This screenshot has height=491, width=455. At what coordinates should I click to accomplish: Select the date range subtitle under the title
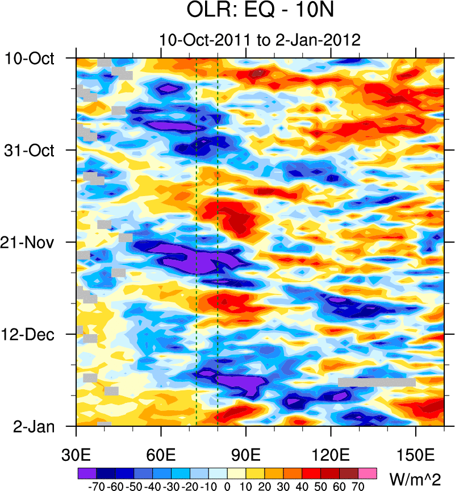(x=260, y=40)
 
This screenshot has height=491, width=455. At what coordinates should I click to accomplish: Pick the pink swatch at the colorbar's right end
(x=368, y=473)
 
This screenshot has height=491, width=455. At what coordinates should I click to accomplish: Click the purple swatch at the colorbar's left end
(x=87, y=473)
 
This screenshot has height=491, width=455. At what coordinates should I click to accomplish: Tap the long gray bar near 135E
(x=377, y=382)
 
